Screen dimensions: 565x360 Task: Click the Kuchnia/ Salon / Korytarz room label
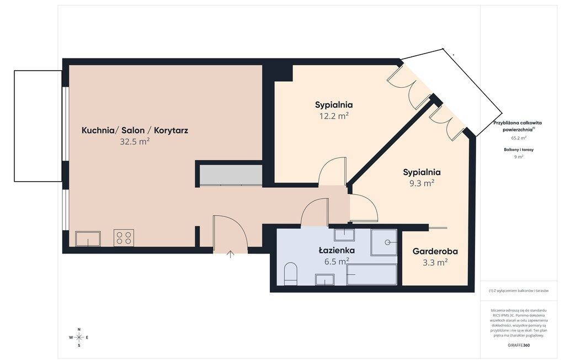click(135, 130)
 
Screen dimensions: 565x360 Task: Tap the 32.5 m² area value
click(135, 141)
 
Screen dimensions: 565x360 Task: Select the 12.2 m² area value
click(334, 116)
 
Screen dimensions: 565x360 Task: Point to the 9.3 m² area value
click(421, 183)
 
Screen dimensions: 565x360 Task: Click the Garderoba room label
click(435, 251)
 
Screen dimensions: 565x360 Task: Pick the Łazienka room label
click(337, 250)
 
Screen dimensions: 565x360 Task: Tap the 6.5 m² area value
click(337, 261)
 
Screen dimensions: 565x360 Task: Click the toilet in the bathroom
click(290, 273)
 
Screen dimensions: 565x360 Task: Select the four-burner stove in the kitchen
click(124, 238)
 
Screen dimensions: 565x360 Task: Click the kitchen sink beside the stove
click(88, 239)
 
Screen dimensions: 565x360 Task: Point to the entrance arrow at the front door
click(231, 254)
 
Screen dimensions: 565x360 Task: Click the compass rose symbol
click(79, 337)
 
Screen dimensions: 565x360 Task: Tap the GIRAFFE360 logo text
click(519, 345)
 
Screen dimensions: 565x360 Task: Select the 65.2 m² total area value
click(519, 138)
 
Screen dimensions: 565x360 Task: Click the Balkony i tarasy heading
click(519, 149)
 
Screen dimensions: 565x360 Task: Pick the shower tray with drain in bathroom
click(384, 242)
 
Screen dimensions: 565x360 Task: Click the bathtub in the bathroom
click(372, 274)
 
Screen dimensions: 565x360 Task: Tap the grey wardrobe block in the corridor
click(231, 175)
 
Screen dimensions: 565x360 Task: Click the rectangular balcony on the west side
click(38, 125)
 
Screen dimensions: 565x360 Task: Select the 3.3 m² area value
click(435, 262)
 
